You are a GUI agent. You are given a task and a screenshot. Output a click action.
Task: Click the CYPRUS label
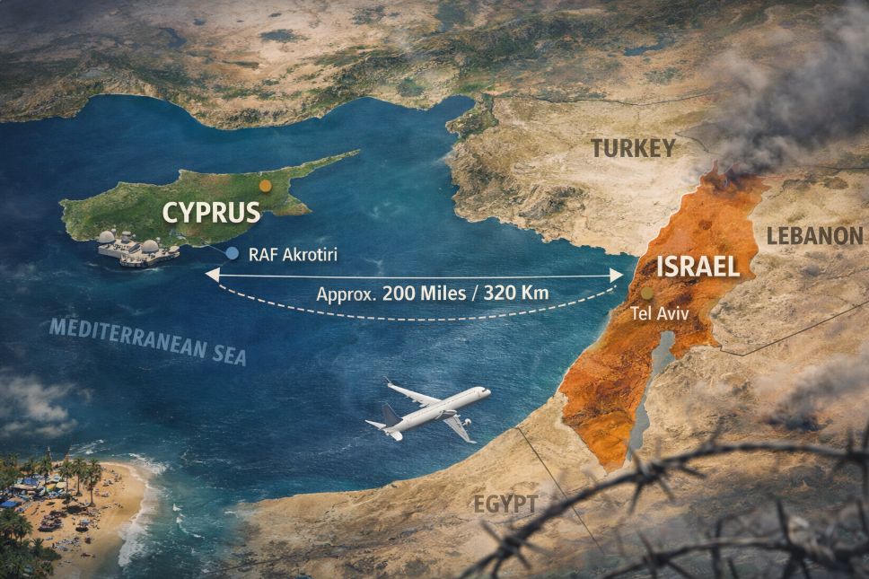click(x=211, y=212)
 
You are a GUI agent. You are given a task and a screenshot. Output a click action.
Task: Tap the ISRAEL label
click(x=698, y=266)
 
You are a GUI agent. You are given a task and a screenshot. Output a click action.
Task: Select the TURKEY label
click(x=632, y=148)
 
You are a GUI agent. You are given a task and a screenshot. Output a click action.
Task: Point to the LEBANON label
click(x=814, y=236)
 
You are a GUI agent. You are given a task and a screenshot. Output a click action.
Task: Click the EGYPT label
click(x=505, y=504)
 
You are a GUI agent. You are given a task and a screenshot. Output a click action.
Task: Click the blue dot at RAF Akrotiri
click(x=233, y=254)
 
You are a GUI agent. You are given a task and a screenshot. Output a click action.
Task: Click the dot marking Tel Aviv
click(x=646, y=294)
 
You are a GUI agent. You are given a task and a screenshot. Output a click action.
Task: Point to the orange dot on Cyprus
click(x=264, y=186)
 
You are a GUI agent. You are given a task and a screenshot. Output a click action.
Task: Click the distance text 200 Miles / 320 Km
click(x=433, y=294)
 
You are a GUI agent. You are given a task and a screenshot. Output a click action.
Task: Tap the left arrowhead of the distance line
click(x=210, y=275)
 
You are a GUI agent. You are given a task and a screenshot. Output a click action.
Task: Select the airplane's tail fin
click(x=390, y=415)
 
